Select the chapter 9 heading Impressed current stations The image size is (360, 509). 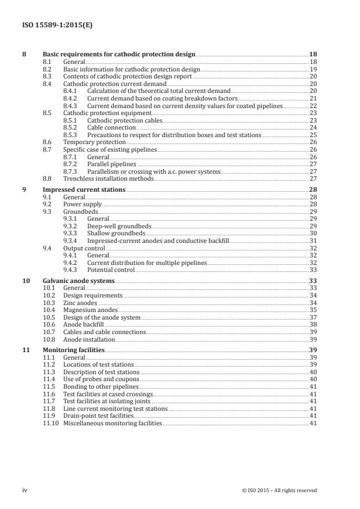pyautogui.click(x=84, y=190)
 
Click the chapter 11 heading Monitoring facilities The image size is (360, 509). pyautogui.click(x=74, y=350)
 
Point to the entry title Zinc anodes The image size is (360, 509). pyautogui.click(x=80, y=303)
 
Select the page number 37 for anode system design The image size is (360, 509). pyautogui.click(x=313, y=318)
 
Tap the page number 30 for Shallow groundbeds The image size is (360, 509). pyautogui.click(x=313, y=233)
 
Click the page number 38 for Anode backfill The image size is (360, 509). pyautogui.click(x=313, y=325)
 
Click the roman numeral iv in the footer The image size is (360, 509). pyautogui.click(x=25, y=490)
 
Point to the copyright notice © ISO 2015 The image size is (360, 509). pyautogui.click(x=279, y=490)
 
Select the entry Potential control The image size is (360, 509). pyautogui.click(x=110, y=270)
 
